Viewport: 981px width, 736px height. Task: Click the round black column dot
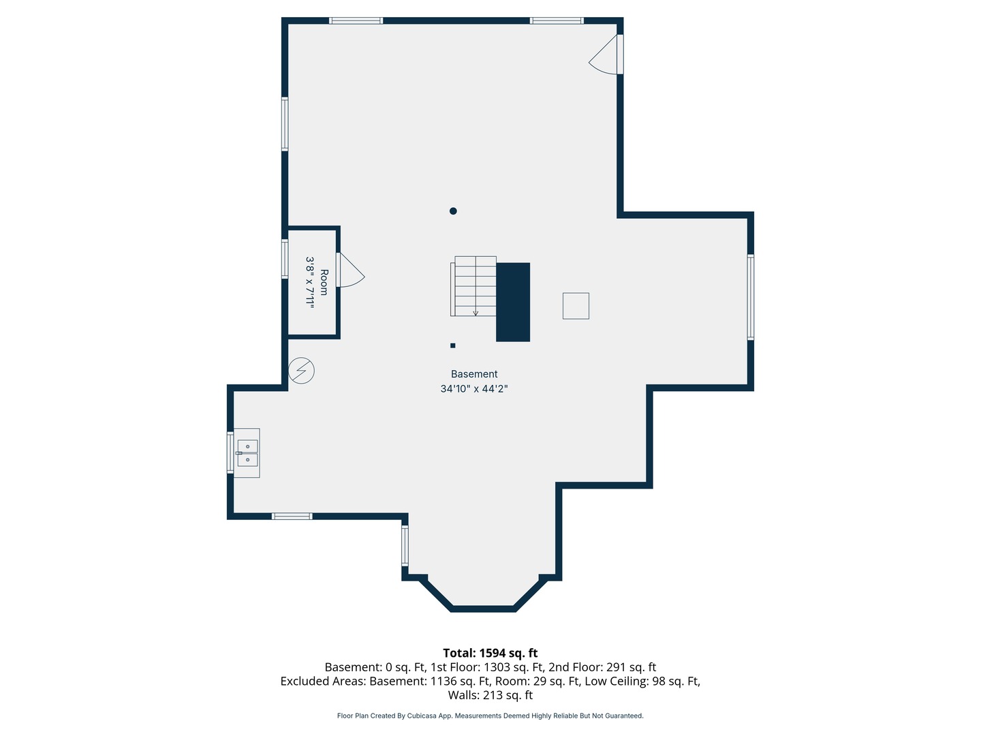pyautogui.click(x=453, y=211)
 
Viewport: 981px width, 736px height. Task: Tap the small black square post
pyautogui.click(x=453, y=346)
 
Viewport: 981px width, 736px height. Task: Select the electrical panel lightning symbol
pyautogui.click(x=301, y=371)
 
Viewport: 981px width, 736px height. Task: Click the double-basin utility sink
pyautogui.click(x=247, y=453)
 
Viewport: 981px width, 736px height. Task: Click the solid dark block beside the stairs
pyautogui.click(x=513, y=302)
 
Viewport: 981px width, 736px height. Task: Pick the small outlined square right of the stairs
pyautogui.click(x=576, y=306)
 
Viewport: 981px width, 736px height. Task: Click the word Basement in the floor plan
pyautogui.click(x=473, y=374)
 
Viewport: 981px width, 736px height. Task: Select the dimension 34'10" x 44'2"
pyautogui.click(x=473, y=388)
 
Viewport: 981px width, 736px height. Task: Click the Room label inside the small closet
pyautogui.click(x=324, y=282)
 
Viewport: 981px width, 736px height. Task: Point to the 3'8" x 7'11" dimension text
pyautogui.click(x=310, y=282)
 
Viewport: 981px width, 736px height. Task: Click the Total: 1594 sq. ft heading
pyautogui.click(x=490, y=654)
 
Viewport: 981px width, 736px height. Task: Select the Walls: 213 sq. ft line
pyautogui.click(x=490, y=695)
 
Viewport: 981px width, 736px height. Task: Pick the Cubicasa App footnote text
pyautogui.click(x=490, y=716)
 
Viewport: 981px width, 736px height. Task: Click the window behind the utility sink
pyautogui.click(x=230, y=453)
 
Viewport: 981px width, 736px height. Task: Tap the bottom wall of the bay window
pyautogui.click(x=483, y=609)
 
